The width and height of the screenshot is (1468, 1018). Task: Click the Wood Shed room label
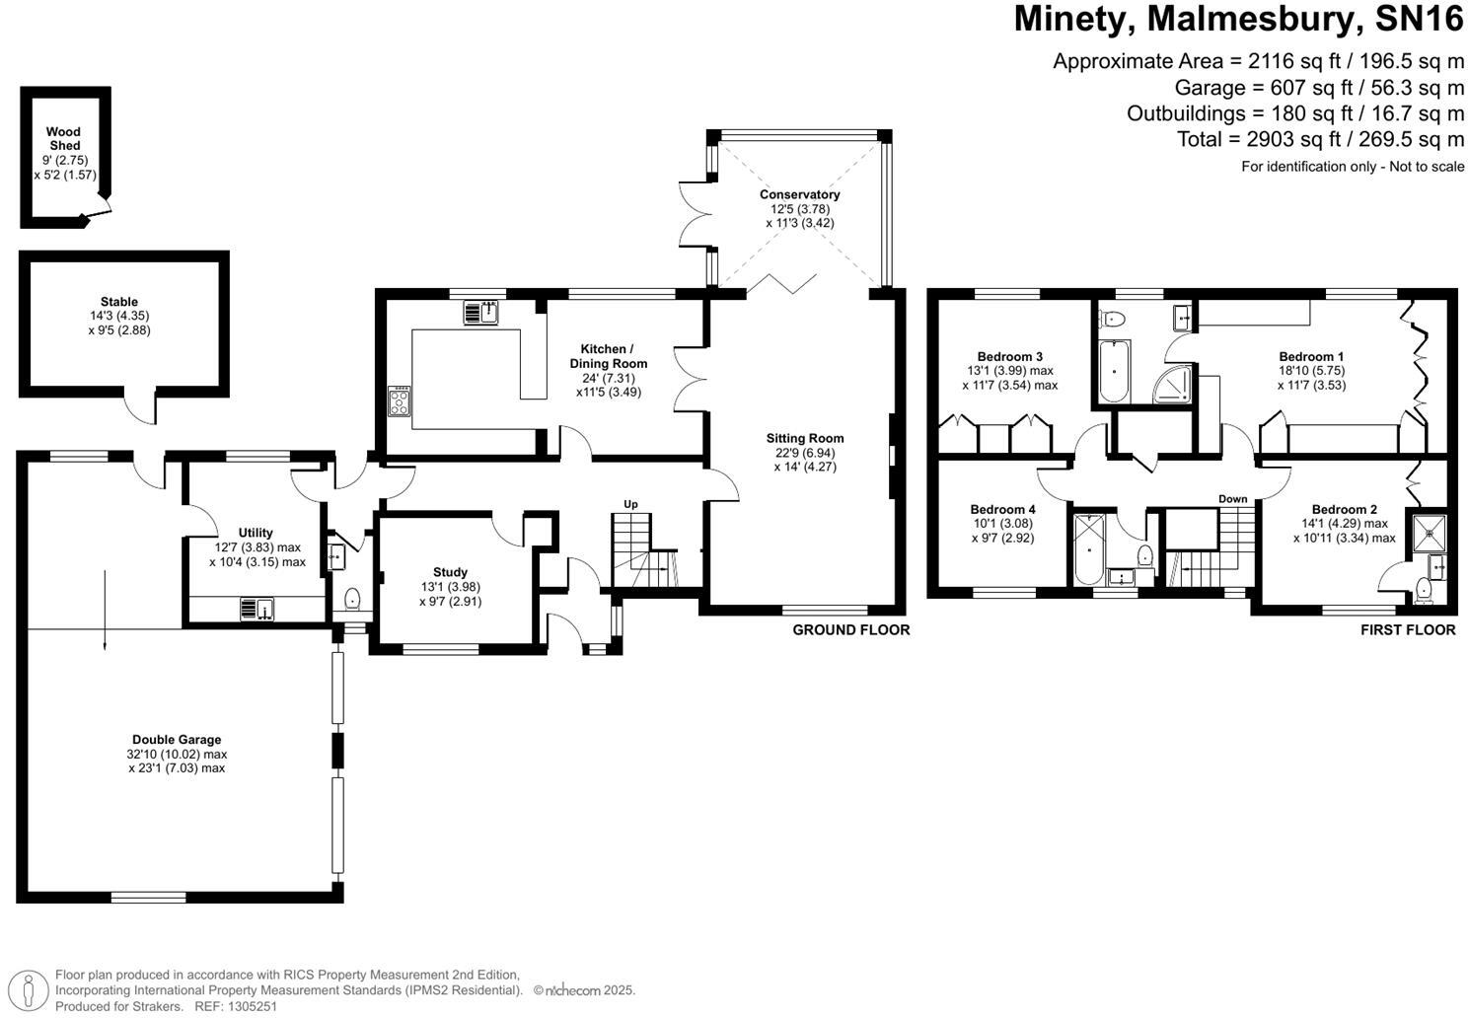click(x=63, y=138)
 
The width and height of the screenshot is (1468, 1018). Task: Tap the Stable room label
click(x=118, y=302)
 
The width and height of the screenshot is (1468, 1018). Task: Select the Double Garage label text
click(x=177, y=740)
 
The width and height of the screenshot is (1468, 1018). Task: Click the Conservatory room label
click(x=799, y=194)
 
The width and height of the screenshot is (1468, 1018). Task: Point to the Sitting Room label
click(x=805, y=438)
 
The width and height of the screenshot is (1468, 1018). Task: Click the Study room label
click(x=450, y=572)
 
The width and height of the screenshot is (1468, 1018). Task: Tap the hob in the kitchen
click(x=401, y=401)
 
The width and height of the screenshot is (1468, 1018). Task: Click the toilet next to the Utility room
click(x=352, y=598)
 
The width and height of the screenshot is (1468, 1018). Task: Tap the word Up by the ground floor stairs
click(x=630, y=504)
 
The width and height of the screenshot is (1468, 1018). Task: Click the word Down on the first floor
click(x=1232, y=499)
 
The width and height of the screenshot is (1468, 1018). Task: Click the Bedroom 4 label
click(x=1002, y=510)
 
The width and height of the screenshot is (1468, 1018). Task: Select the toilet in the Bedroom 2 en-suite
click(x=1423, y=589)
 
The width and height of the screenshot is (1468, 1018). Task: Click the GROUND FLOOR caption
click(x=850, y=629)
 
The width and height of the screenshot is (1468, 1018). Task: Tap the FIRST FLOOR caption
click(x=1407, y=629)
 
